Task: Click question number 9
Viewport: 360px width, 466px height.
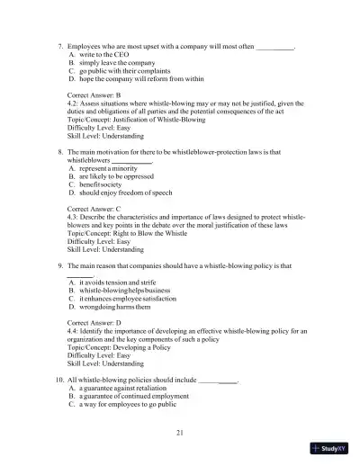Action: click(58, 267)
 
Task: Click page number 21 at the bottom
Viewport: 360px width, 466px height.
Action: click(180, 435)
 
